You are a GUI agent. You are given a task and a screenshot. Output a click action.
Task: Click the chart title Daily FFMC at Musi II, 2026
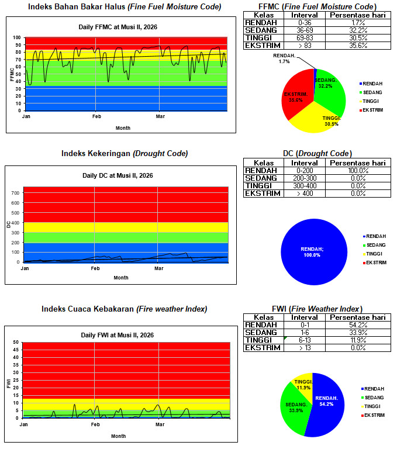118,27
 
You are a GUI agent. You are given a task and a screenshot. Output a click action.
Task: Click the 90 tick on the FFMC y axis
19,44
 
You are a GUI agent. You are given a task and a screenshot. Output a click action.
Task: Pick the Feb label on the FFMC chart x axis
96,117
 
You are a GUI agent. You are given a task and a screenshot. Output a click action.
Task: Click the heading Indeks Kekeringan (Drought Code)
125,154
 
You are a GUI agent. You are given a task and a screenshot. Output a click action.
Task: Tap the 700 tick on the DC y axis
16,193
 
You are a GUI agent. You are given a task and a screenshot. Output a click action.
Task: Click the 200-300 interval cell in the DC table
303,178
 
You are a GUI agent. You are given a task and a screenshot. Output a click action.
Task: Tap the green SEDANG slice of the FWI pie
296,405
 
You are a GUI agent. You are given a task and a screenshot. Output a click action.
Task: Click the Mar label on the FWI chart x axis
160,424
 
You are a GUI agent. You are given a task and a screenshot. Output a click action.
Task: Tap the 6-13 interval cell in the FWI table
303,340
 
